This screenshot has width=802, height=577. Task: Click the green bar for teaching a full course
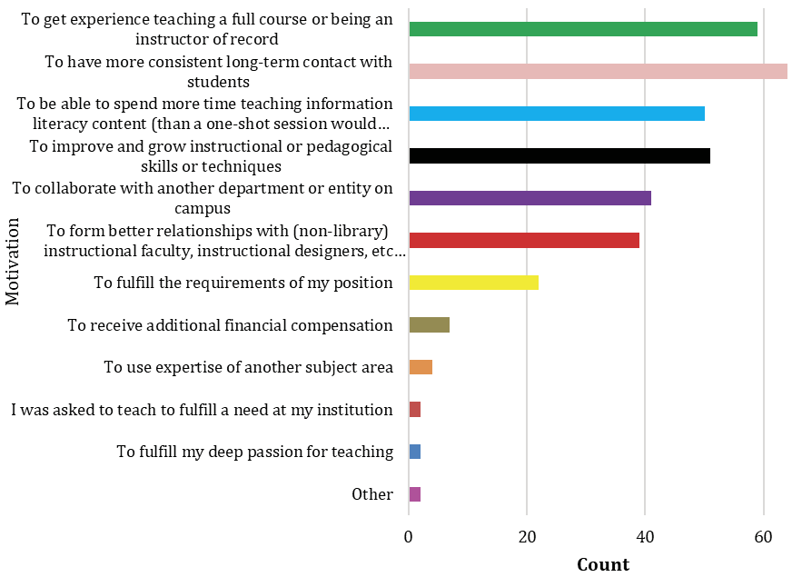(x=583, y=29)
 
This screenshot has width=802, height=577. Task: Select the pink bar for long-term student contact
(x=598, y=72)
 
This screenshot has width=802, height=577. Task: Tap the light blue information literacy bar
(x=557, y=114)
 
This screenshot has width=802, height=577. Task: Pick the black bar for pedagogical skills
(x=559, y=156)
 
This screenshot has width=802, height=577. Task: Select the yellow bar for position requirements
(x=474, y=283)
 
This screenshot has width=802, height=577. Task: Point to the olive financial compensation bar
(x=430, y=325)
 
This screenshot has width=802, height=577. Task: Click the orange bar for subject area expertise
(x=421, y=367)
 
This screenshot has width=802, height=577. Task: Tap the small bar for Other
(x=415, y=494)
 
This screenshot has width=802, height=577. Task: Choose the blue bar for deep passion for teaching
(x=415, y=452)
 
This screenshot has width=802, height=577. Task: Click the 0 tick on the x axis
(x=409, y=537)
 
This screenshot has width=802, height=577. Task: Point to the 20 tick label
(x=527, y=537)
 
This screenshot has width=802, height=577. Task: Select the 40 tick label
(x=645, y=537)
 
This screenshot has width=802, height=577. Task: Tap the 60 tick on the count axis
(x=763, y=537)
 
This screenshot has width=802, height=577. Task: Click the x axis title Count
(x=603, y=564)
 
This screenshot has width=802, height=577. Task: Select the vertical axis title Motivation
(x=13, y=261)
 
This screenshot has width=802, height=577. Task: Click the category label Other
(x=372, y=494)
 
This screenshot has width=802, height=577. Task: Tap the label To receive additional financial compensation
(x=230, y=325)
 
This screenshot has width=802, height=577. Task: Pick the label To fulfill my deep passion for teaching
(x=254, y=452)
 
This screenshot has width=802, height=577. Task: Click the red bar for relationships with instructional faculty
(x=524, y=241)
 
